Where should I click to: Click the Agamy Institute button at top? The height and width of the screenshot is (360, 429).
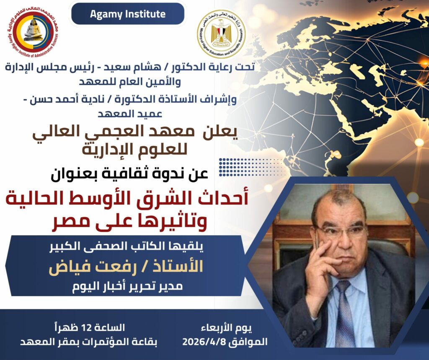coord(128,14)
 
